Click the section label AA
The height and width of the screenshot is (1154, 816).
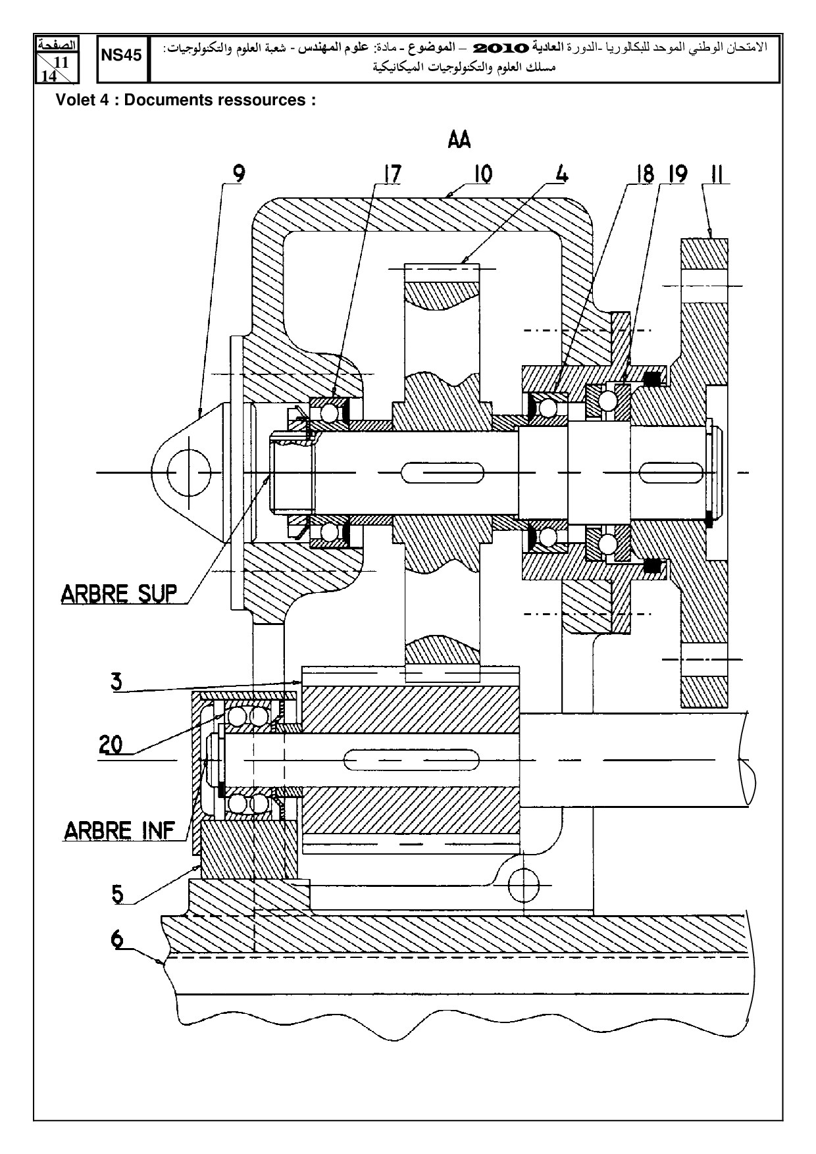459,140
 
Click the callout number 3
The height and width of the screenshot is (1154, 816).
116,681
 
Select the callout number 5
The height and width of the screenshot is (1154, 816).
117,893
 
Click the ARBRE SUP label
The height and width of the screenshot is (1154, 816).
119,593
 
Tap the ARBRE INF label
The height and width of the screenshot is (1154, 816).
120,830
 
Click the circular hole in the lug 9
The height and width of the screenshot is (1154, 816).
189,473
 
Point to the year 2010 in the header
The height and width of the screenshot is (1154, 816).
501,48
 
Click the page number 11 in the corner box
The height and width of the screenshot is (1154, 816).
63,61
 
